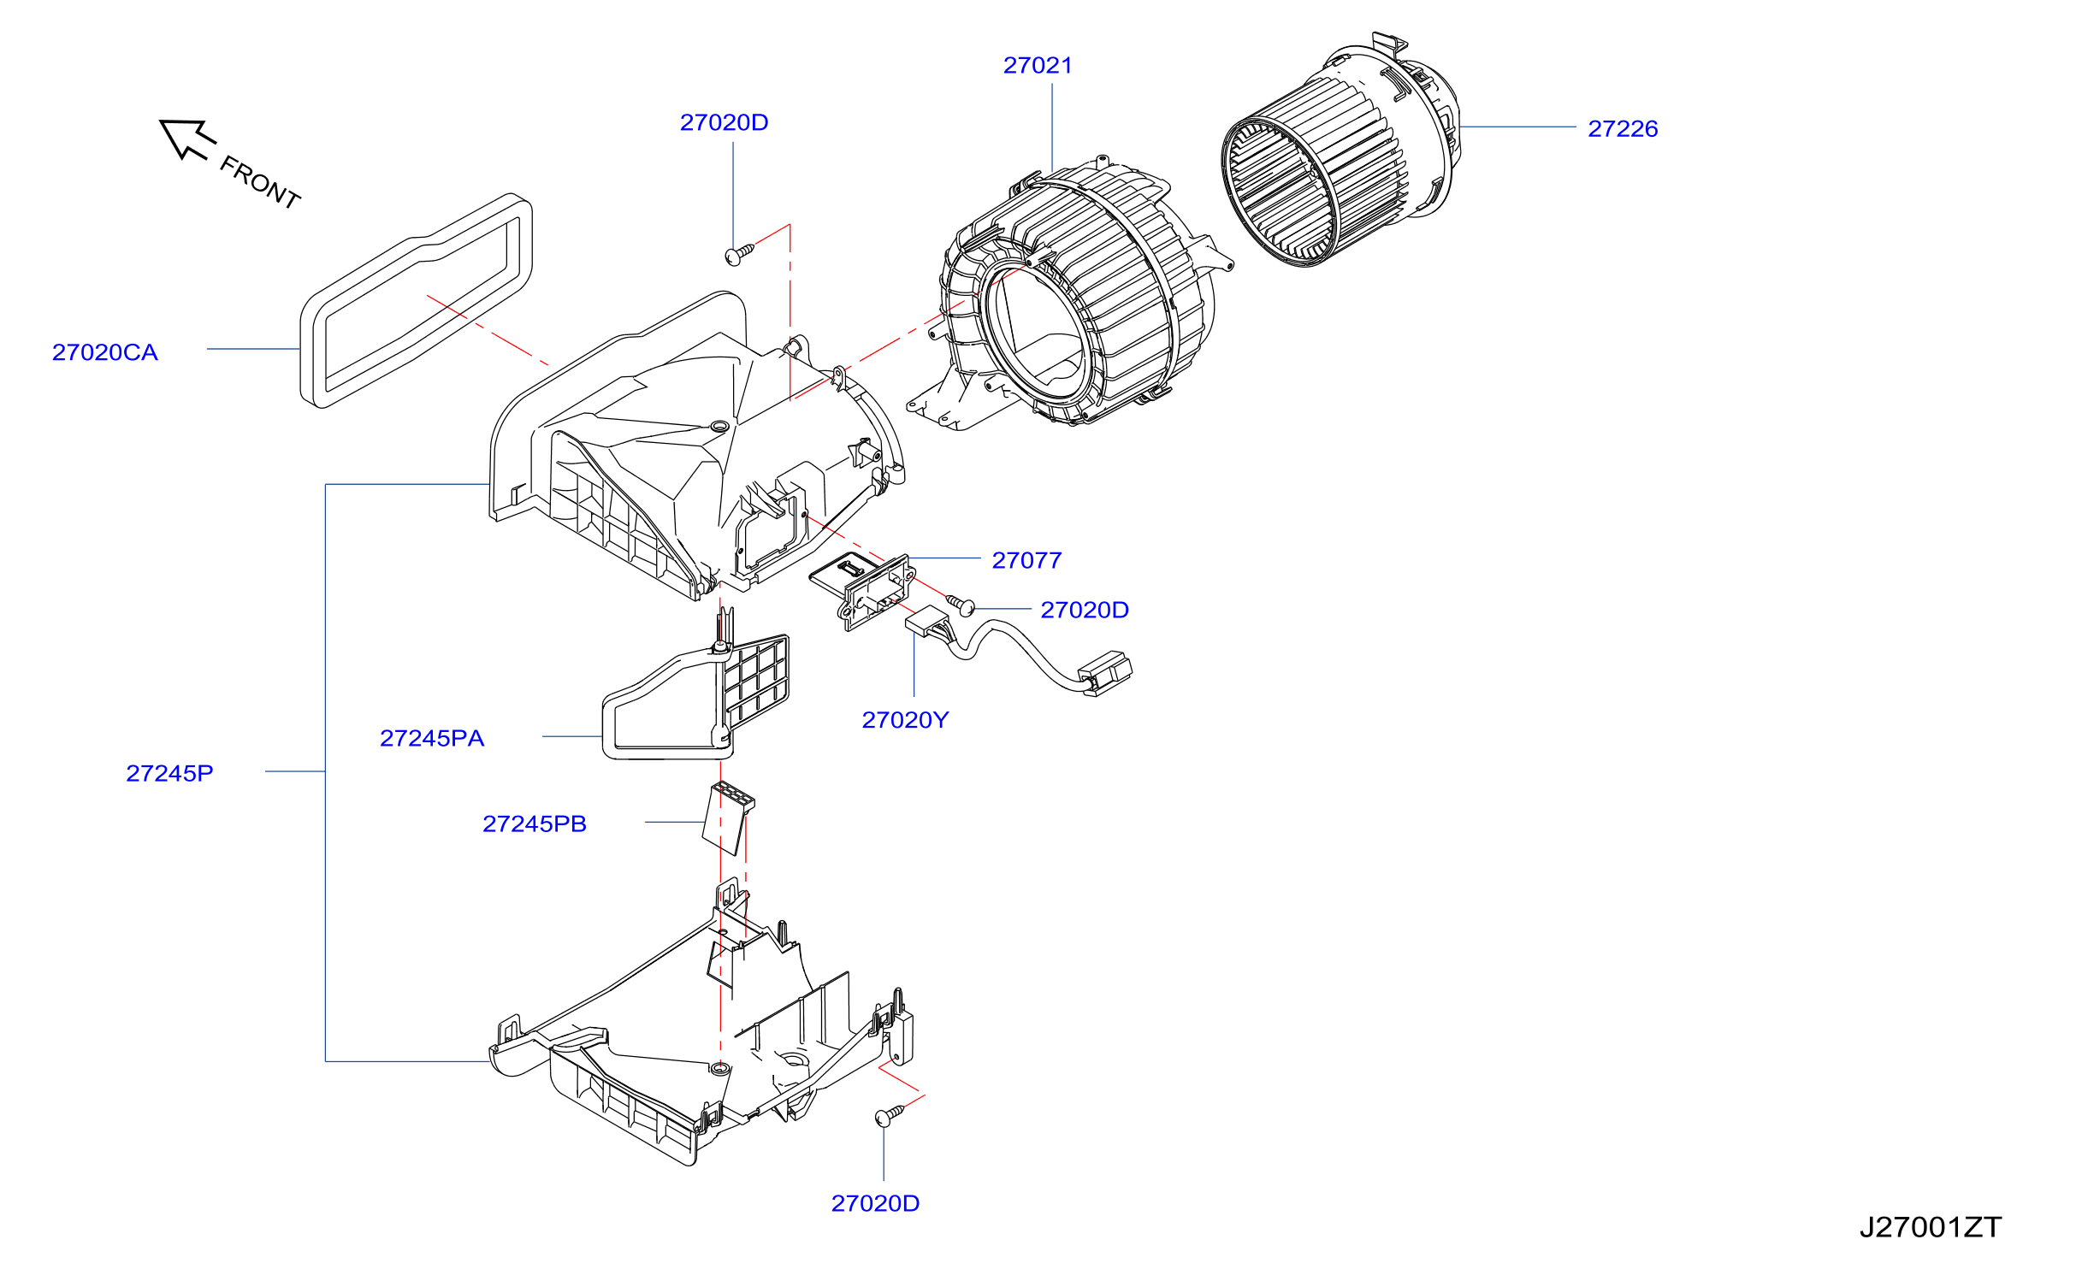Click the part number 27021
pos(1038,66)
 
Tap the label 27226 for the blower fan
pos(1623,129)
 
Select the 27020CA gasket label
pos(105,352)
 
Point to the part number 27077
pos(1026,560)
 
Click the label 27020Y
pos(905,720)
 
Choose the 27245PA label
pos(432,738)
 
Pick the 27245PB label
pos(535,823)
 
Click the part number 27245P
pos(169,773)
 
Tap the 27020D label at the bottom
pos(875,1203)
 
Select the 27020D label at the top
pos(724,123)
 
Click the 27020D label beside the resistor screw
pos(1085,610)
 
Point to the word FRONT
pos(260,182)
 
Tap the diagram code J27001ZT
pos(1931,1227)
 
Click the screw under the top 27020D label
pos(739,254)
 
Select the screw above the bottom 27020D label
pos(889,1115)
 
